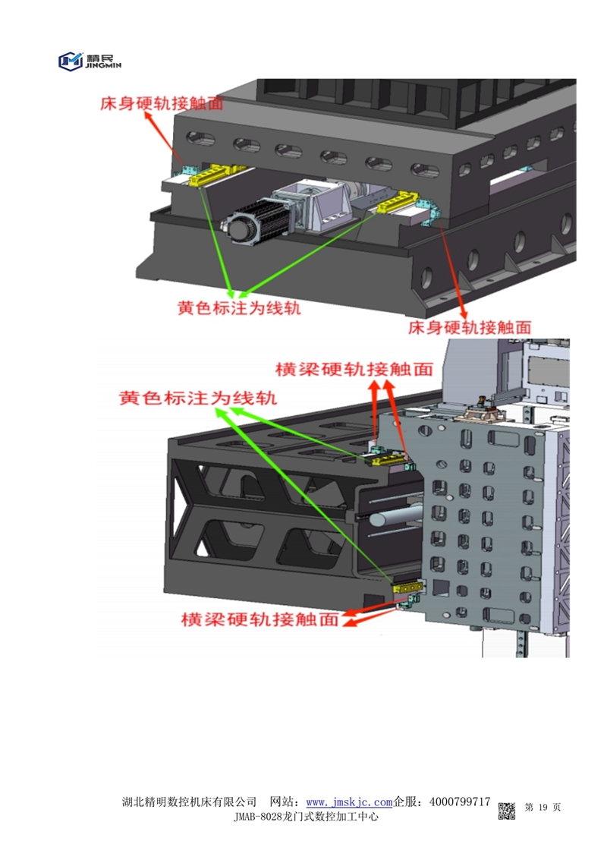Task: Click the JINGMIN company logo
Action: pos(90,60)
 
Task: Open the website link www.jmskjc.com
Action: pos(348,802)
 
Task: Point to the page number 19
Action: pos(542,807)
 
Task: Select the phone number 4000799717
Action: pos(459,802)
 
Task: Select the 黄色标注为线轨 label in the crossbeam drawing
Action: pos(197,398)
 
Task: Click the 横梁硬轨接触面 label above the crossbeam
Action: pos(354,370)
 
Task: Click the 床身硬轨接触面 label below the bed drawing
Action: pos(469,327)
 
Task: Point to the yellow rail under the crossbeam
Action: pos(407,588)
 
